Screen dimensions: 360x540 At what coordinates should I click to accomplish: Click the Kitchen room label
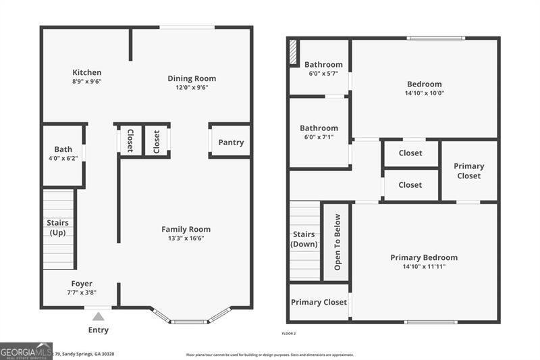click(87, 72)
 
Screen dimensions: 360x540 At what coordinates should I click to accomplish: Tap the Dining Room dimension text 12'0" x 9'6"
click(192, 87)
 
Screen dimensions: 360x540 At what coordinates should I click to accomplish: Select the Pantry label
click(231, 143)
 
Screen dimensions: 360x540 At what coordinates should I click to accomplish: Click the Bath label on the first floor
click(63, 149)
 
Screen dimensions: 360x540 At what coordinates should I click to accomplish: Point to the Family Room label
click(186, 229)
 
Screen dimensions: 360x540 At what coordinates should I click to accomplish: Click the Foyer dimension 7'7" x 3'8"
click(82, 293)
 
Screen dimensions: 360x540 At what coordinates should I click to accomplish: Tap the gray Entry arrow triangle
click(99, 316)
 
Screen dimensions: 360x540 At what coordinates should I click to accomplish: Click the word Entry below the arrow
click(98, 330)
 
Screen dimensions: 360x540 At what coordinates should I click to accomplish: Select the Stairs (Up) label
click(57, 228)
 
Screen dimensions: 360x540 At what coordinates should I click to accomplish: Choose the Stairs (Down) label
click(304, 239)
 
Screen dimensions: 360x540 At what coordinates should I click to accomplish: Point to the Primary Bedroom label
click(424, 257)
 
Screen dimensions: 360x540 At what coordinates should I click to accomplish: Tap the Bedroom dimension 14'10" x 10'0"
click(424, 93)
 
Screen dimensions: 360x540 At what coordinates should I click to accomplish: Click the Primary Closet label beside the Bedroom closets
click(468, 171)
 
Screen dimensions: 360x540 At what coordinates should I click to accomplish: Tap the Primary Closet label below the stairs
click(319, 302)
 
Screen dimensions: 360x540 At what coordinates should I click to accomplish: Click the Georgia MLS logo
click(26, 351)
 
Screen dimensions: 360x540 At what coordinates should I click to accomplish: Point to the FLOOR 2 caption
click(288, 334)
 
